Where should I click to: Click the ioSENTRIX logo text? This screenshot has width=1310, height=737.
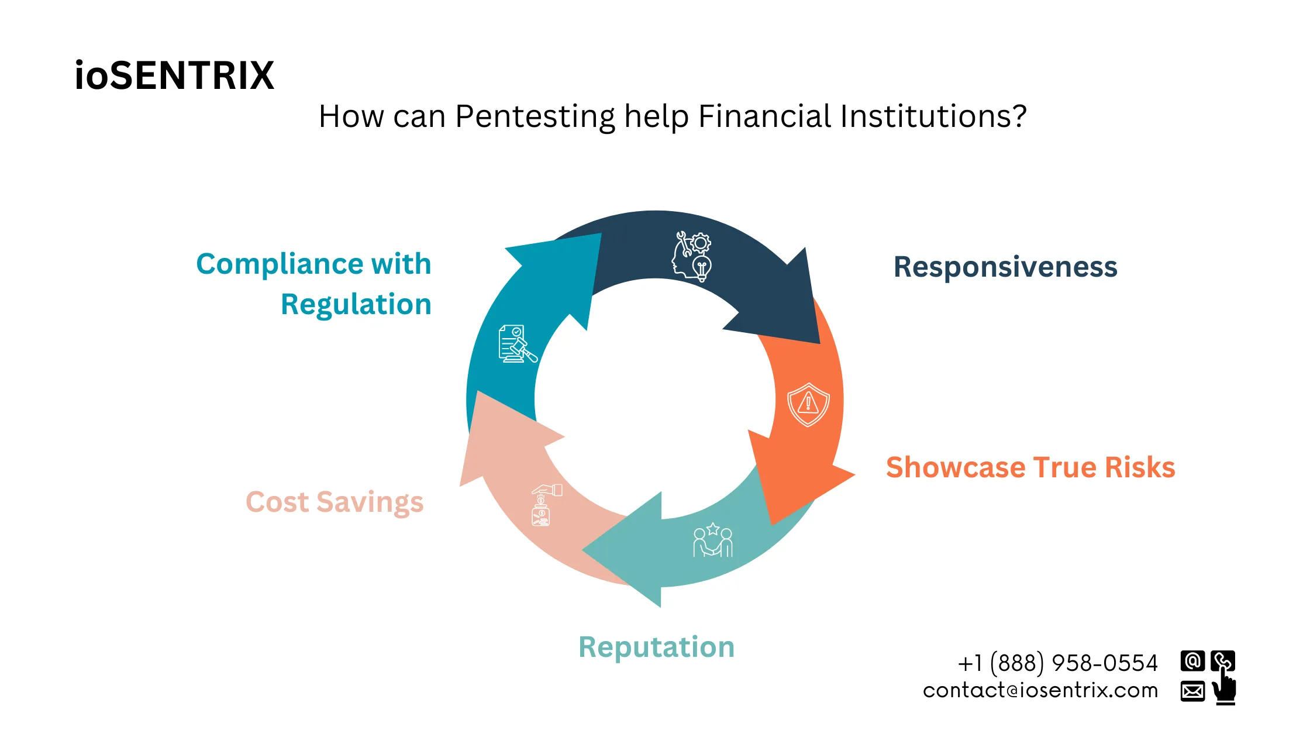[174, 75]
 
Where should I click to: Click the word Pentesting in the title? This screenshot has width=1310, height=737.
[535, 116]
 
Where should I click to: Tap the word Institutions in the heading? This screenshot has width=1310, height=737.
[933, 116]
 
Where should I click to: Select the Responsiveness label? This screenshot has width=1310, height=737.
[1005, 267]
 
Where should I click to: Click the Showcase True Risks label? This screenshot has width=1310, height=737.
[1030, 467]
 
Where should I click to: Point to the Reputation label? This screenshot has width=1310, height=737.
[656, 647]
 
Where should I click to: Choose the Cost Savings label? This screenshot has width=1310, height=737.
[335, 502]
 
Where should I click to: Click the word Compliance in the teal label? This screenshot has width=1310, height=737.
[280, 264]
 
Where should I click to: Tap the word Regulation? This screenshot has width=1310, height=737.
[356, 304]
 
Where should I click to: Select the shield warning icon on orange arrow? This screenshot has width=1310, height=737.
[808, 404]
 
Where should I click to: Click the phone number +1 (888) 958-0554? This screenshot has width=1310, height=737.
[1057, 663]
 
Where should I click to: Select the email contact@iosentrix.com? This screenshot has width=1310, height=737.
[1040, 691]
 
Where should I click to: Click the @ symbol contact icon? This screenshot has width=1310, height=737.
[1192, 661]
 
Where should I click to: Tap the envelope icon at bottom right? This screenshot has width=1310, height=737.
[1192, 691]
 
